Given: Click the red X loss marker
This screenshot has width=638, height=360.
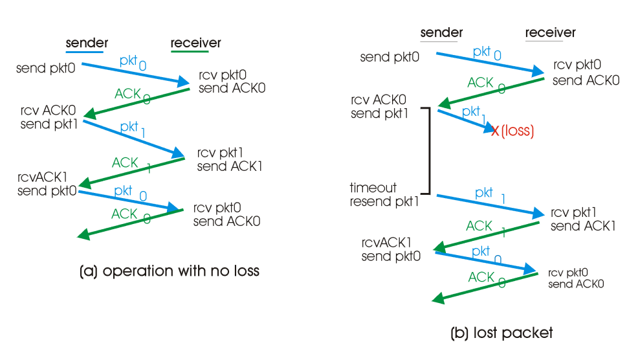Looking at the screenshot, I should click(x=496, y=131).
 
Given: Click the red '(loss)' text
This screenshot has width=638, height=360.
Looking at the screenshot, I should click(x=517, y=131).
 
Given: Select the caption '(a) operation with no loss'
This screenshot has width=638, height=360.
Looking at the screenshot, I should click(x=169, y=271).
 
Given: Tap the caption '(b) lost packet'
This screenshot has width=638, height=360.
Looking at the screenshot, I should click(x=501, y=333).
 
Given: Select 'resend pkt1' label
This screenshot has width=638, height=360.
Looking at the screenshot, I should click(x=384, y=201).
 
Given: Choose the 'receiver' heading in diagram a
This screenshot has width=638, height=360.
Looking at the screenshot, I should click(x=195, y=43).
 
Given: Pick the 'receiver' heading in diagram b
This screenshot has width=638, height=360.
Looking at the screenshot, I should click(x=550, y=32).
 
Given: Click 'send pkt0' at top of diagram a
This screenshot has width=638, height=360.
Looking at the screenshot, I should click(x=45, y=67).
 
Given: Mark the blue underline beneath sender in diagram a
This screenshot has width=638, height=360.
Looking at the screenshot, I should click(x=84, y=52).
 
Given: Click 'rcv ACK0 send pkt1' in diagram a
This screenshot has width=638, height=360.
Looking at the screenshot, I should click(x=49, y=118).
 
